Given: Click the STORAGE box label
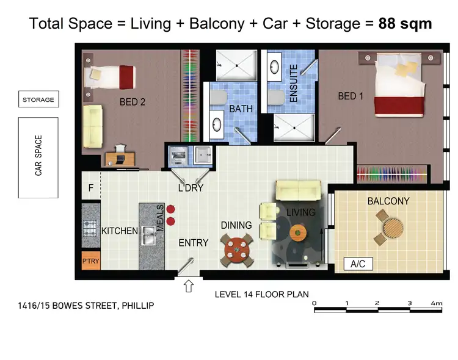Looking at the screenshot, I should (38, 99).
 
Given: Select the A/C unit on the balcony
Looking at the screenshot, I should (358, 264).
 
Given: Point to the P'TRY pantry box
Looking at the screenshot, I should (90, 261).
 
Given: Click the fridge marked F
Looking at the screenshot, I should (90, 188).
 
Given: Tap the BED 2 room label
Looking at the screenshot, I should (133, 103).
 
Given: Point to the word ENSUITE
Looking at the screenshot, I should (293, 82).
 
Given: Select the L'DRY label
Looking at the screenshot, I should (190, 188).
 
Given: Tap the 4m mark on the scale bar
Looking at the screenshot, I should (436, 303).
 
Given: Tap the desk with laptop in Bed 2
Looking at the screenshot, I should (118, 158).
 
